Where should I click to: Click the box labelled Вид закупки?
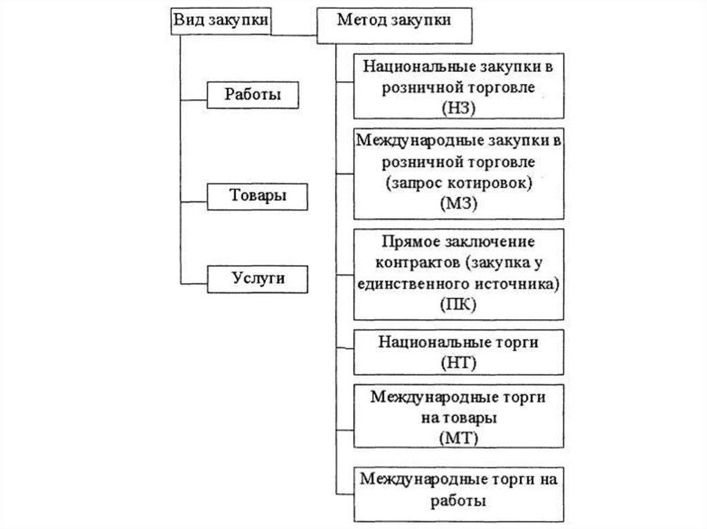220,21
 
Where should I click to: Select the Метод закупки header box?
394,21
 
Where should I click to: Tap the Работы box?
253,94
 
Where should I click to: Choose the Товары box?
258,195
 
